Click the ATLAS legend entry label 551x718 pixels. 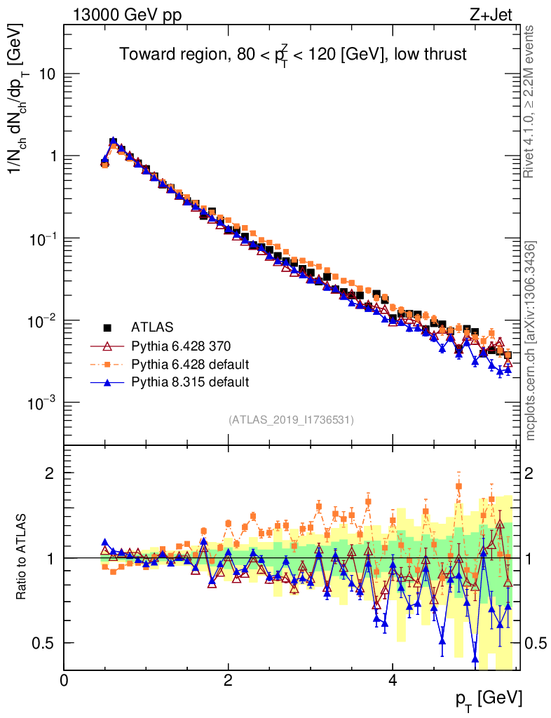[x=152, y=327]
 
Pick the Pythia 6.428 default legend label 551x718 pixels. [x=191, y=364]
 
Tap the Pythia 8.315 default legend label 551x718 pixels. [x=191, y=382]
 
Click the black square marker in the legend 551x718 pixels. [x=108, y=327]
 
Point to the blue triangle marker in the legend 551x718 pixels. [x=108, y=382]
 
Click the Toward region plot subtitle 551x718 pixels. [x=292, y=55]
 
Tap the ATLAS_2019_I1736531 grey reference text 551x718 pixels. [x=291, y=420]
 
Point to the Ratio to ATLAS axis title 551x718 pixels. [x=22, y=558]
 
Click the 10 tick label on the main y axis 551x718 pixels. [x=46, y=74]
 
